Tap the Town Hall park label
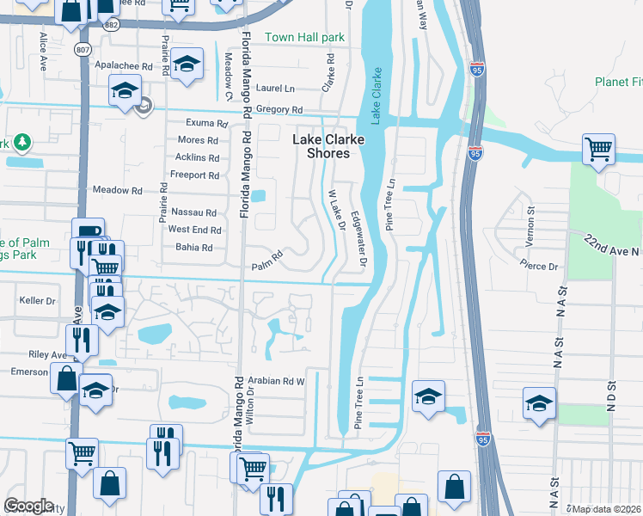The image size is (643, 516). coord(304,38)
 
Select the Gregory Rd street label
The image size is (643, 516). coord(279,110)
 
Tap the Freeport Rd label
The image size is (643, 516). coord(195,175)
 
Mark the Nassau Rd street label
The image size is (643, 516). coord(193,212)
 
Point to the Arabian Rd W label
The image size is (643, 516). coord(276,380)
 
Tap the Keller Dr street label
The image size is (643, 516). coord(38,301)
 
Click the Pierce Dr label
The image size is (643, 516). coord(541,267)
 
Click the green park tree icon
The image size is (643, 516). coord(21,142)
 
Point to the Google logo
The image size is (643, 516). coord(28,506)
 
